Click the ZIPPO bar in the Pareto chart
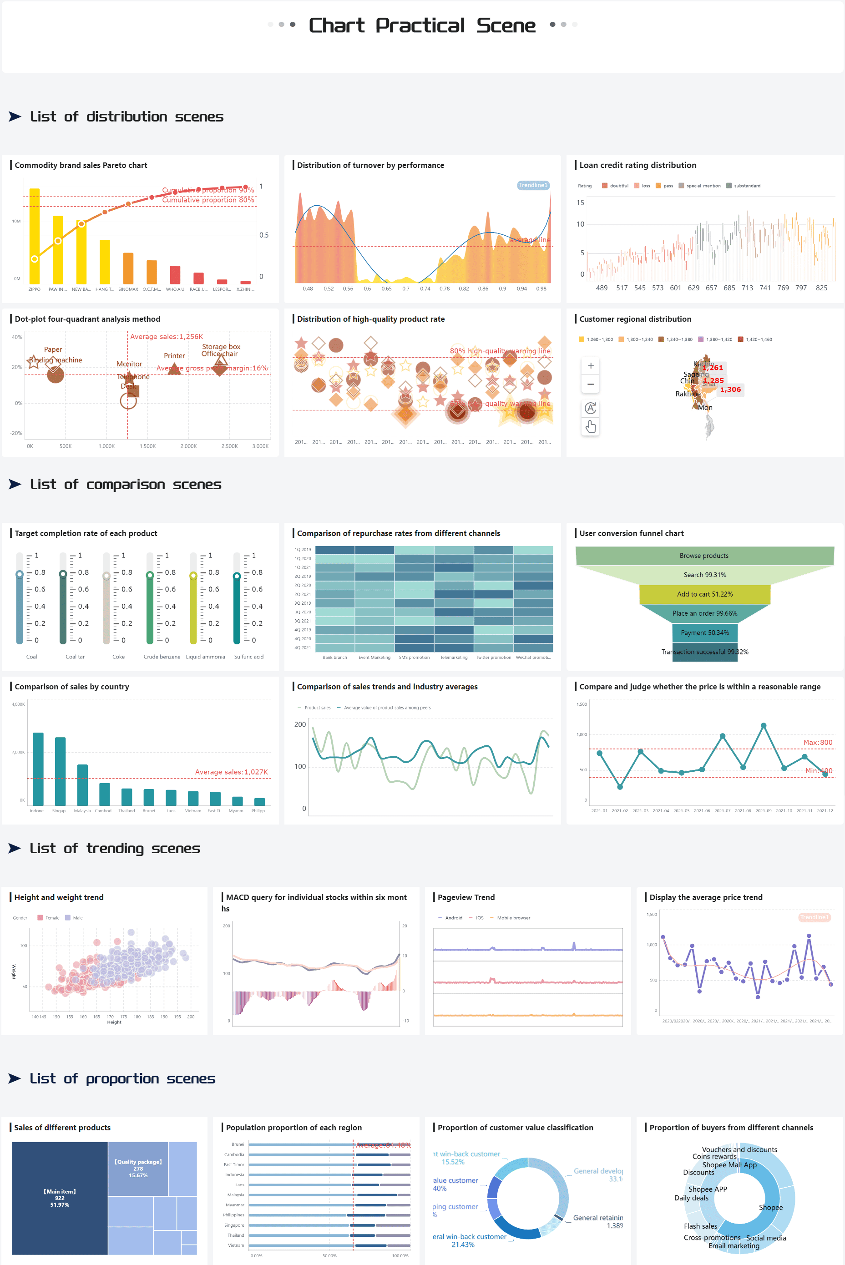point(35,237)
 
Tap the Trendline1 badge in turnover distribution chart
point(532,185)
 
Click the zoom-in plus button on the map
point(591,366)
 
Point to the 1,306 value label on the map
point(730,390)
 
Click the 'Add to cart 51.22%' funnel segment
point(704,594)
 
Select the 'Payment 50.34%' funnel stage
point(704,632)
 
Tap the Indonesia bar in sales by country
point(38,769)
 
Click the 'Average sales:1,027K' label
point(231,772)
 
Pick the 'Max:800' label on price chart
point(818,743)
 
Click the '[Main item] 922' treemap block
point(60,1198)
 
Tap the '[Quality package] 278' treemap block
point(138,1169)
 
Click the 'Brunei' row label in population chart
point(238,1144)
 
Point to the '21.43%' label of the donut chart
point(463,1245)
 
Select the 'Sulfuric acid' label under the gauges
point(248,657)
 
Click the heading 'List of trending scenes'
point(115,849)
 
